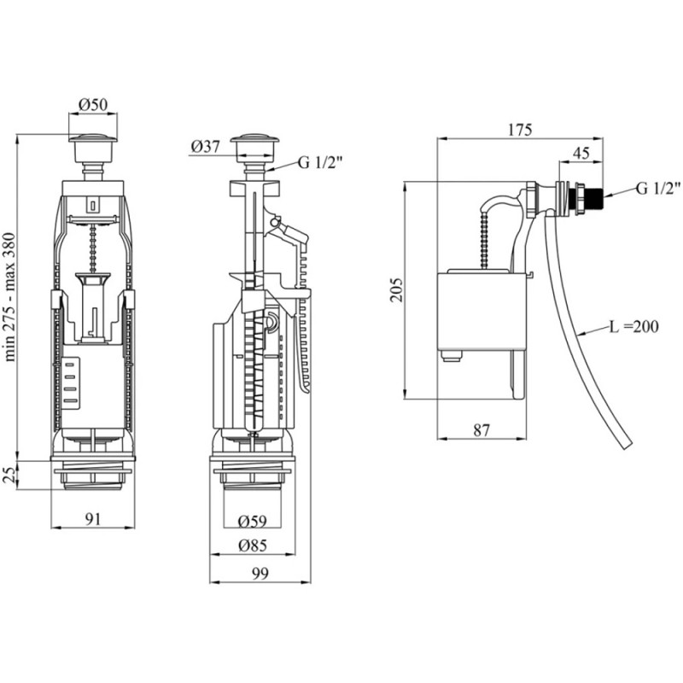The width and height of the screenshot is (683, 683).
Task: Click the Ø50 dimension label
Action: pos(93,104)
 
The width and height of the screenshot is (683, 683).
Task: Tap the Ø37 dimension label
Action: pos(205,147)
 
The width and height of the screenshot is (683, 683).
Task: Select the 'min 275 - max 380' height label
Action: pos(10,297)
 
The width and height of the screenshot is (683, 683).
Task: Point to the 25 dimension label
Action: pos(9,475)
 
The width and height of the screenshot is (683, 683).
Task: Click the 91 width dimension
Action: pos(93,519)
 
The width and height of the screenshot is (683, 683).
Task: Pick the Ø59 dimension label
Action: pos(252,521)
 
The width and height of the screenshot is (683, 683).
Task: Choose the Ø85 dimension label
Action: pos(253,546)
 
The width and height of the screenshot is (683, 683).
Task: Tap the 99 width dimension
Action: pos(260,573)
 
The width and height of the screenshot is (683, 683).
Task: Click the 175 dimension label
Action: pos(520,130)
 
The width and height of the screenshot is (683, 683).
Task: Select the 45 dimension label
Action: pos(581,153)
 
